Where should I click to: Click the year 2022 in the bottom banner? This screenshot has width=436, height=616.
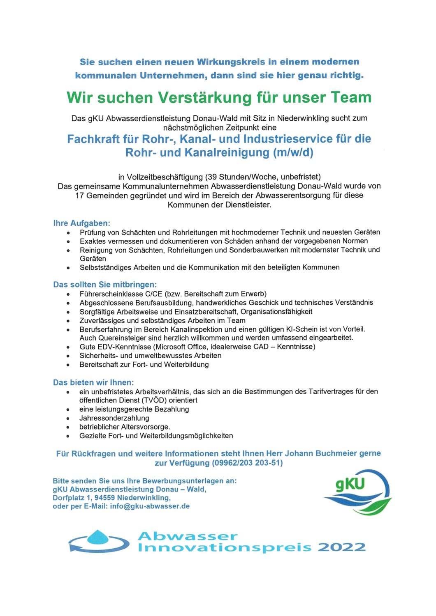pyautogui.click(x=341, y=547)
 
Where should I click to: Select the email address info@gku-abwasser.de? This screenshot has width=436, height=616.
pyautogui.click(x=150, y=506)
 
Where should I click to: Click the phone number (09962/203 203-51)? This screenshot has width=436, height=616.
pyautogui.click(x=247, y=463)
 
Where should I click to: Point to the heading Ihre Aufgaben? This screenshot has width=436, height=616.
pyautogui.click(x=81, y=223)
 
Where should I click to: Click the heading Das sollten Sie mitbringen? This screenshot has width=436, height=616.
pyautogui.click(x=105, y=285)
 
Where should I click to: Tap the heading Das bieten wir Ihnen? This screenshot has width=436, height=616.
pyautogui.click(x=93, y=382)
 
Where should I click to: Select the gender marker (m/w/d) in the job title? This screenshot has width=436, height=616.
pyautogui.click(x=293, y=152)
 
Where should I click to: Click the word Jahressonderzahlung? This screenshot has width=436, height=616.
pyautogui.click(x=114, y=418)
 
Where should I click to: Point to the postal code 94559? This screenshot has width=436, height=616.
pyautogui.click(x=105, y=498)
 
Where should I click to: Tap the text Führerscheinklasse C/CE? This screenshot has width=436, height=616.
pyautogui.click(x=121, y=294)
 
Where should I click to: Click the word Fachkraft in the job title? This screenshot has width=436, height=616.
pyautogui.click(x=93, y=139)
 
